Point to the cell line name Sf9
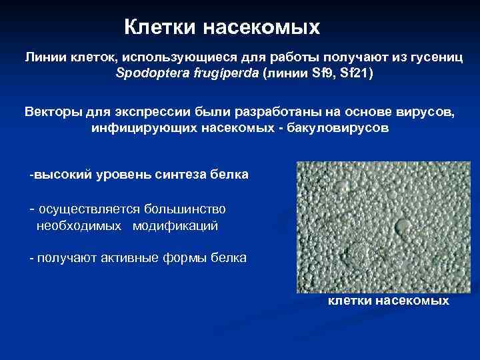pos(324,73)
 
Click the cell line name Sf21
pos(354,73)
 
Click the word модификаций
pos(175,225)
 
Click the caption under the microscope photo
pos(387,301)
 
